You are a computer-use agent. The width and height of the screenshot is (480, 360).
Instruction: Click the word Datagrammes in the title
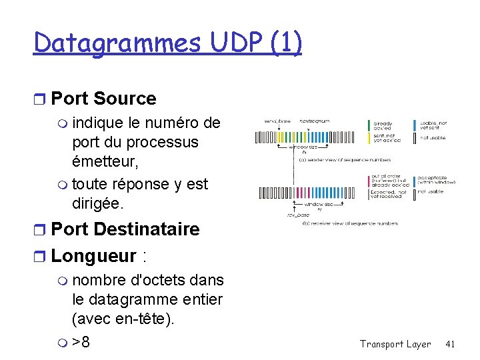(117, 43)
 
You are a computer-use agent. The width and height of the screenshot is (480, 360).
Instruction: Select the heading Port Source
(103, 99)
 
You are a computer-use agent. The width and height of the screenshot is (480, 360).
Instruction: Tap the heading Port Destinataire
(125, 229)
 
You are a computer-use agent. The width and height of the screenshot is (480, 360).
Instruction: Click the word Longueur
(93, 255)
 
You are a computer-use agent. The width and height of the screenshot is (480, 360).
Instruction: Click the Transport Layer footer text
(395, 344)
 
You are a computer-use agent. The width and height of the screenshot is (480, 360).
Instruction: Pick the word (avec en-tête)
(123, 319)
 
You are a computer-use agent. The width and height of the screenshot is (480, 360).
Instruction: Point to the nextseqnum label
(315, 121)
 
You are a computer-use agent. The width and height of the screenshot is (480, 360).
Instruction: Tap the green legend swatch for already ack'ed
(369, 125)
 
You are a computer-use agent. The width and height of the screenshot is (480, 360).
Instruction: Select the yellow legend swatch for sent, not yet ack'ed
(369, 137)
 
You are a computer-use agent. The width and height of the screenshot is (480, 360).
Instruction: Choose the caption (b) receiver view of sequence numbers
(350, 223)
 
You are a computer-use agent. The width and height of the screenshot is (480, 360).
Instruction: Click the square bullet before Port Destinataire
(40, 230)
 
